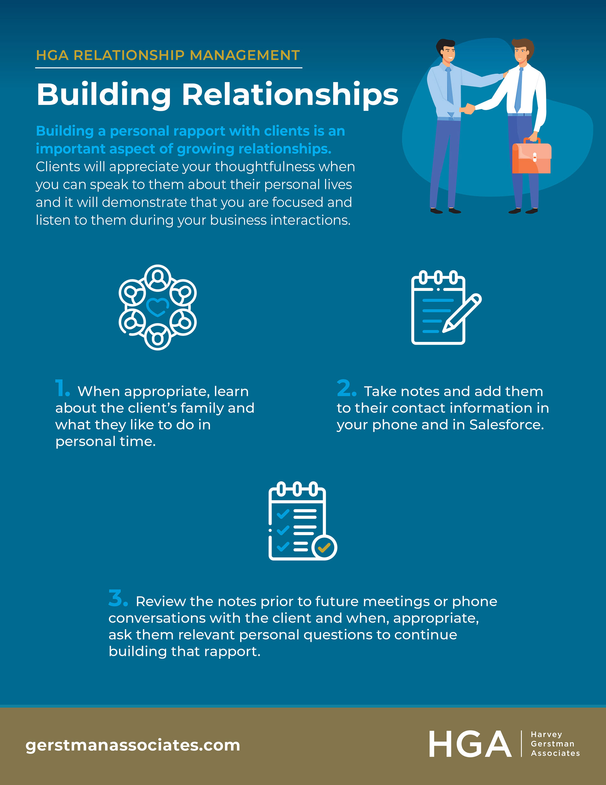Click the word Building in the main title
104,94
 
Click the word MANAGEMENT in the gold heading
245,55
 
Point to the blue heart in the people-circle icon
157,307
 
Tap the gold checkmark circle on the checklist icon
324,548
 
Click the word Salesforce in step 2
506,425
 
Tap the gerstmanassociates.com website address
133,745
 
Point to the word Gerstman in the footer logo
552,744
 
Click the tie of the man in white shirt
518,90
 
